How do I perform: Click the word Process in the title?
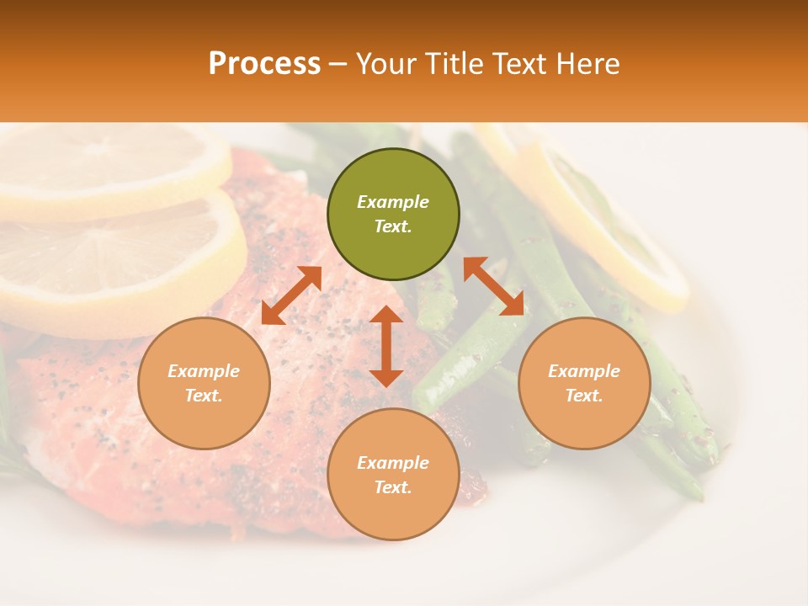(x=264, y=64)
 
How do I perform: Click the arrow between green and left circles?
(x=291, y=295)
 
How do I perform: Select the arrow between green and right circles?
(x=494, y=286)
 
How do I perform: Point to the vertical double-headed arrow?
(x=386, y=346)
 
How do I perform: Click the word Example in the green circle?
(x=393, y=202)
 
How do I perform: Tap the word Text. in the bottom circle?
(x=393, y=487)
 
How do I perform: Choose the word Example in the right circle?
(x=584, y=371)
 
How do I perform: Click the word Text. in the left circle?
(x=204, y=396)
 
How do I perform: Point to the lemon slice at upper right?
(x=606, y=219)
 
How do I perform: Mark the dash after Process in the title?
(x=338, y=65)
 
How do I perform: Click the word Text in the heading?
(x=521, y=64)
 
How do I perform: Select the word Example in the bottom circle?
(x=393, y=463)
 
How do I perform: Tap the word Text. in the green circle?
(x=393, y=226)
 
